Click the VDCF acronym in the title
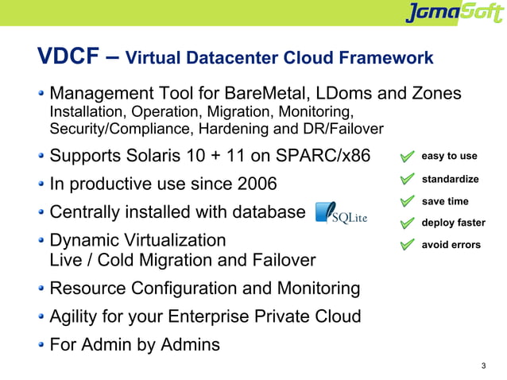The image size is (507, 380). click(69, 57)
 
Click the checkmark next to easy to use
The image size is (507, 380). click(407, 157)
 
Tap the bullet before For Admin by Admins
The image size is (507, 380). click(41, 346)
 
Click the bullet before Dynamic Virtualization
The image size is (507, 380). click(41, 241)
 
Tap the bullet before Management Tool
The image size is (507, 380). click(41, 94)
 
